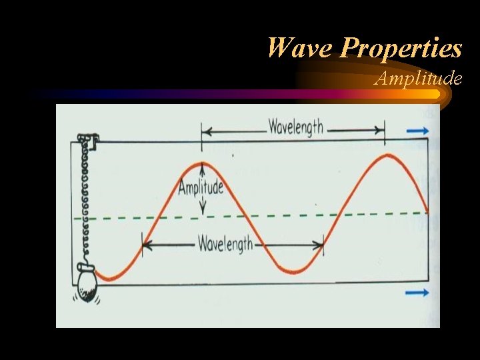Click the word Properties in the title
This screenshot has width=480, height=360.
(x=401, y=48)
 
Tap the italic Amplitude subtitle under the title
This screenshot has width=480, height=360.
(x=418, y=78)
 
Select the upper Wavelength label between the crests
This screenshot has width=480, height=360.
(x=295, y=126)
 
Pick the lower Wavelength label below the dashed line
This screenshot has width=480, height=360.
(x=225, y=244)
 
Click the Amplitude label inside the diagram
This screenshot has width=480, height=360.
(x=201, y=187)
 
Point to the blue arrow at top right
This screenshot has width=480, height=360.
(x=418, y=131)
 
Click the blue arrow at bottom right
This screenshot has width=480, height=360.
(x=418, y=293)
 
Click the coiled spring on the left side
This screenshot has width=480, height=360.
(x=85, y=200)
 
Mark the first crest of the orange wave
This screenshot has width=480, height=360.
(x=201, y=163)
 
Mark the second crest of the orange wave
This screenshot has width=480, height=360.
(x=388, y=155)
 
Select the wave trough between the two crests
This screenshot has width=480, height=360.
(x=294, y=271)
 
